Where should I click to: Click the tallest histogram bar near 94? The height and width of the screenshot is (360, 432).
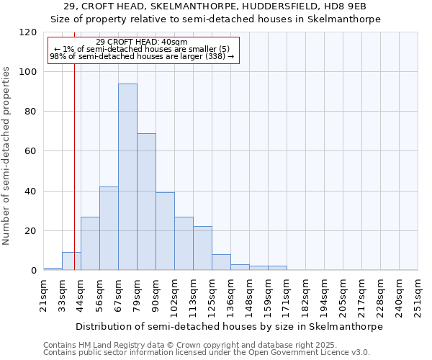tap(127, 177)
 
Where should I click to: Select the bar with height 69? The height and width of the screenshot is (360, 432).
tap(146, 202)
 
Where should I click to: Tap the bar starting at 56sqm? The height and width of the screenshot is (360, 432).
tap(109, 228)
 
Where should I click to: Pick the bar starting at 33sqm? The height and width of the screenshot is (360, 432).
tap(71, 261)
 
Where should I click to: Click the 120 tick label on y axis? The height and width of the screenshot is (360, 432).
tap(29, 32)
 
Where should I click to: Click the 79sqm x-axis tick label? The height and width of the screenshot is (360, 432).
tap(138, 293)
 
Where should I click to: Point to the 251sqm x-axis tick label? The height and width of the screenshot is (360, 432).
tap(418, 296)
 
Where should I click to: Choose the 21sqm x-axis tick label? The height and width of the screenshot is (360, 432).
tap(44, 293)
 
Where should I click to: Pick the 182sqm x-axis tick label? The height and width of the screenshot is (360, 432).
tap(306, 296)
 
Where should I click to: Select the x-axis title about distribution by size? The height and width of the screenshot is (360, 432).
tap(229, 326)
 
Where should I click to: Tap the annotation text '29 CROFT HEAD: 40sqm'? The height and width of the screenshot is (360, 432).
tap(141, 42)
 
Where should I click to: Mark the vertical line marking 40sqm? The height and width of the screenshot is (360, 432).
tap(74, 166)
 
